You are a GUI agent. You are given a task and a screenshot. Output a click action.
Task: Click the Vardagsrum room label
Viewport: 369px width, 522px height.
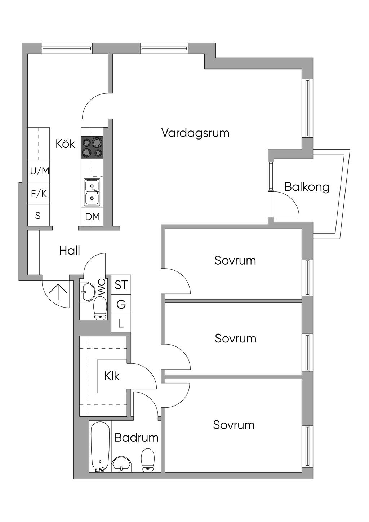195,133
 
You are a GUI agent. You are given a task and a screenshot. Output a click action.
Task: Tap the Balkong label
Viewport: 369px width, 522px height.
307,187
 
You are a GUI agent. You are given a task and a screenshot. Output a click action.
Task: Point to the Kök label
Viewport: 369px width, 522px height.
65,143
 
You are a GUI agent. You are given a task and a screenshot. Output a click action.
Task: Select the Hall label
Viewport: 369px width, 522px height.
70,251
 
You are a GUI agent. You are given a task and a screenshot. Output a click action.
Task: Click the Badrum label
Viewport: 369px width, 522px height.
137,437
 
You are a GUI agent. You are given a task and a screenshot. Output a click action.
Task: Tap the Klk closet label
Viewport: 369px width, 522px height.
112,376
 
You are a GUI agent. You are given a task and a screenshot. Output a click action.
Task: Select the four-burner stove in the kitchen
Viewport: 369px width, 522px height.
92,147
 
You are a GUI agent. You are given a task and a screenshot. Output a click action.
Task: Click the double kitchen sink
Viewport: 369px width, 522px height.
92,192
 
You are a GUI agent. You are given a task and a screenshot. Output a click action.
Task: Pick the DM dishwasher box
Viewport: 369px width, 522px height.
92,217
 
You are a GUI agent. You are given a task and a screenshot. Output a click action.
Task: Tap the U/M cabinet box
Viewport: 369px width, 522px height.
39,171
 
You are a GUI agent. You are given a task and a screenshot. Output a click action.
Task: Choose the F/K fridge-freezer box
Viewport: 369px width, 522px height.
39,194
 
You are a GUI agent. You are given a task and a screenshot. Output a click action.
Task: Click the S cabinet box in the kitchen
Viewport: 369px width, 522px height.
38,216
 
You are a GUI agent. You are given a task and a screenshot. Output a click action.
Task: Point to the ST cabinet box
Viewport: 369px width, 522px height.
121,285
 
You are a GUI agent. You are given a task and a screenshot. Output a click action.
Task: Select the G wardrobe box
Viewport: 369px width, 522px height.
121,304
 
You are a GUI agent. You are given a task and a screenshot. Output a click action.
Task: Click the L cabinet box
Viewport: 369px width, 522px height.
121,323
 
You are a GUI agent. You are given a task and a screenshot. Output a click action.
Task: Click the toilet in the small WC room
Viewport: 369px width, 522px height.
100,309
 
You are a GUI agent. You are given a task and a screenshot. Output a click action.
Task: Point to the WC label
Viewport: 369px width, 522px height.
102,287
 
